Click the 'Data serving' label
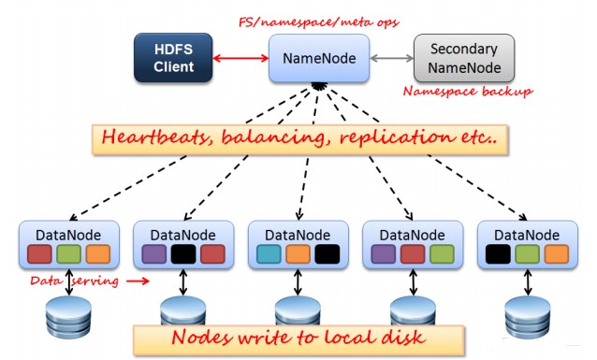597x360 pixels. pyautogui.click(x=74, y=280)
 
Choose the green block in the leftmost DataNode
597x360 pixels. pyautogui.click(x=68, y=254)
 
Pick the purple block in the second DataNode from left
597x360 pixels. pyautogui.click(x=154, y=254)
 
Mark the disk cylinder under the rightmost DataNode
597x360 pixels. pyautogui.click(x=525, y=315)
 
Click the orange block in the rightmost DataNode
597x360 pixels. pyautogui.click(x=554, y=254)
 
